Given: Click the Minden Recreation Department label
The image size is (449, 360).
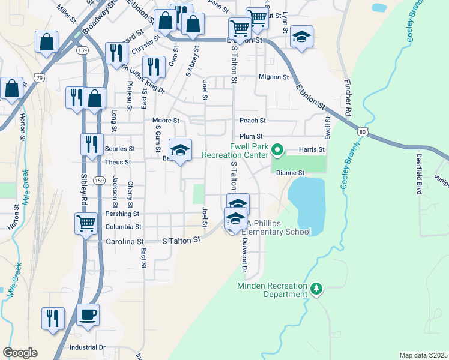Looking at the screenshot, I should coord(272,290).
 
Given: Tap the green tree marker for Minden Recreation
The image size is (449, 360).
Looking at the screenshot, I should coord(317,290).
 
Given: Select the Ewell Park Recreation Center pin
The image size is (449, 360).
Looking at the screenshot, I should coord(277,149).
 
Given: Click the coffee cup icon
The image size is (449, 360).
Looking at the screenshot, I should coord(88,314).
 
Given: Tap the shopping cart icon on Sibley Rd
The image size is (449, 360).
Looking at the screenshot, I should coord(86,223).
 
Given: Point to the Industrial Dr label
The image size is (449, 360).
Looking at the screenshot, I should coord(87,347).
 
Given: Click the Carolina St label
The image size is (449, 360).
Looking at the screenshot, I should coord(125,241).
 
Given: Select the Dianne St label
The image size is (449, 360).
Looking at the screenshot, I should coord(291,173).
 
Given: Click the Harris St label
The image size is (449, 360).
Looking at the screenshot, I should coord(312,149).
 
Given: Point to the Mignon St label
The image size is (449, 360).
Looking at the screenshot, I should coord(274,77).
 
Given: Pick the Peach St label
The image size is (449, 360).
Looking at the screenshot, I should coord(252,121).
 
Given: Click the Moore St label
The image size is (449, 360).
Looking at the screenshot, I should coord(166,121).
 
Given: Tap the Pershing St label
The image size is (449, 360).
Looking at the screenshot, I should coord(122,214).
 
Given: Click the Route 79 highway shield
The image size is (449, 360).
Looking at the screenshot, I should coord(40,77).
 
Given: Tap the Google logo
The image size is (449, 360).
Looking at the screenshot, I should coord(20,353).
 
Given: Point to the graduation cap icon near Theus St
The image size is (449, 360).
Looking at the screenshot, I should coord(180,151).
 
